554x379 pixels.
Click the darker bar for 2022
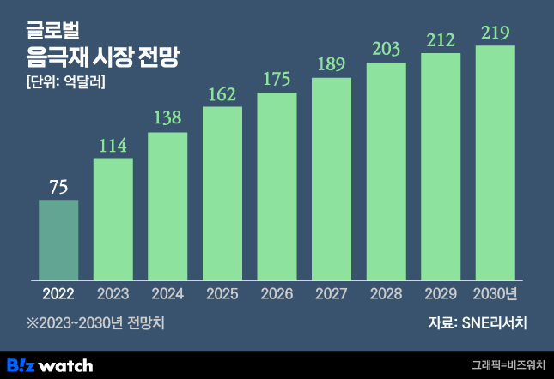[58, 239]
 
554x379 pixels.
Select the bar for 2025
[222, 193]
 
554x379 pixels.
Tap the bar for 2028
[387, 171]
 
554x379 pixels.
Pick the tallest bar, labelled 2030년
[496, 162]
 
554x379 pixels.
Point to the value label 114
[113, 147]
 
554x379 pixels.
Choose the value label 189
[332, 66]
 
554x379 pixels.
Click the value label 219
[496, 34]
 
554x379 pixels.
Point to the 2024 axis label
[167, 294]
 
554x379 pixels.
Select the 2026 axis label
[277, 294]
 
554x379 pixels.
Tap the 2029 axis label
[441, 294]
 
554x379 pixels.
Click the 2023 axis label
[113, 294]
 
